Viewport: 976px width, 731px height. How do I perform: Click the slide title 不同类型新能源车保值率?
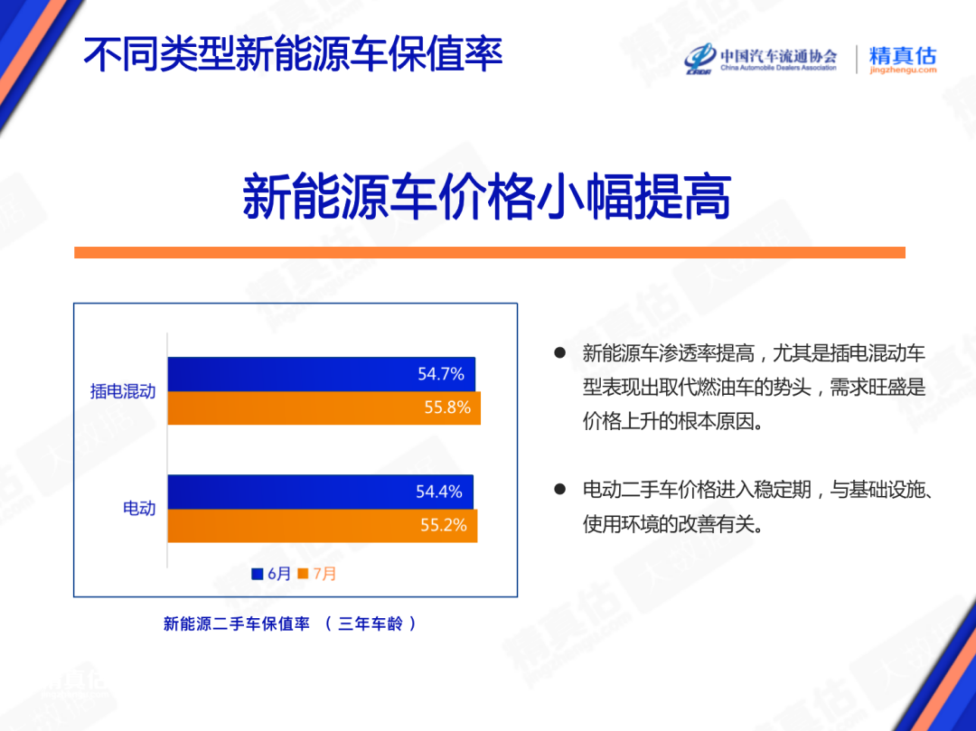pos(293,54)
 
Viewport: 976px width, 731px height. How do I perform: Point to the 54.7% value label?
pos(441,374)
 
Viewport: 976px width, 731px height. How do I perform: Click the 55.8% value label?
pos(447,408)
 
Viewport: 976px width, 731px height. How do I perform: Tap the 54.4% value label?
pos(439,492)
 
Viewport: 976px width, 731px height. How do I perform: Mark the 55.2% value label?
pos(444,525)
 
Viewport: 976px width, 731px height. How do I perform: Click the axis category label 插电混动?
pos(123,391)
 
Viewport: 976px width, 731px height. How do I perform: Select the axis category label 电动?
pos(139,509)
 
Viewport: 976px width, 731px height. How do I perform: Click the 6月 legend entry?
pos(272,574)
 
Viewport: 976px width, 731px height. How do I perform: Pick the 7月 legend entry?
pos(317,574)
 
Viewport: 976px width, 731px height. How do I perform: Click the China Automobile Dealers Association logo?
pos(761,59)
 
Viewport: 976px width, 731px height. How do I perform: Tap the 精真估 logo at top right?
pos(902,59)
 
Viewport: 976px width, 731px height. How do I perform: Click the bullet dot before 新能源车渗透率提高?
pos(559,352)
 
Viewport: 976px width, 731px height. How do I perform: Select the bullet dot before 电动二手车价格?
pos(559,489)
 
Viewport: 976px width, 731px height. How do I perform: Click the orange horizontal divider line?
pos(489,252)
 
